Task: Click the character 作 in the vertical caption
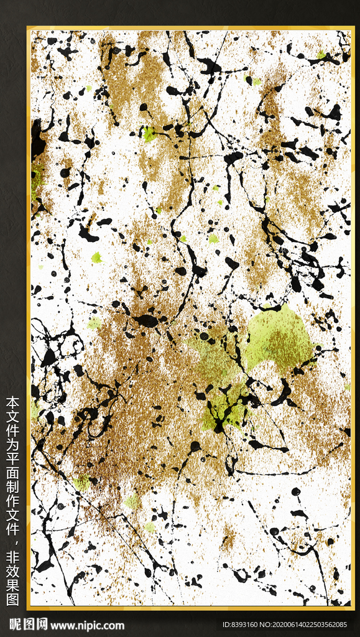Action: click(x=12, y=496)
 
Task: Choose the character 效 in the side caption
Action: click(x=12, y=570)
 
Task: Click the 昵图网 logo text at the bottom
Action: click(x=28, y=625)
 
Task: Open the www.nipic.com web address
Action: click(x=87, y=625)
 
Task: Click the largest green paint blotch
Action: click(x=277, y=339)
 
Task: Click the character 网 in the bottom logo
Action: click(x=41, y=625)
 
